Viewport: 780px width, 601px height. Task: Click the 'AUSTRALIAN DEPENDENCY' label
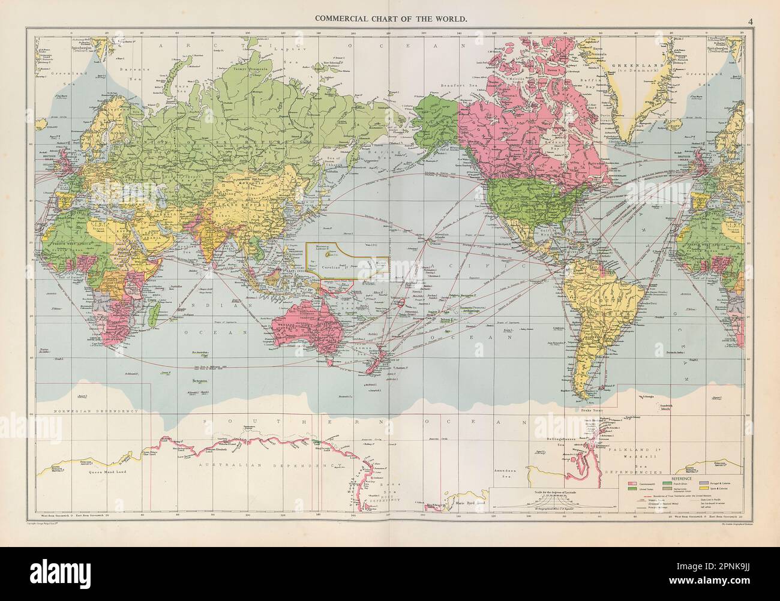click(x=252, y=465)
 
